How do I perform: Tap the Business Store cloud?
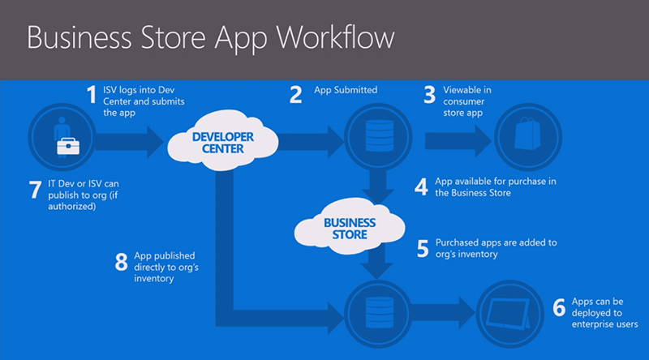coord(350,228)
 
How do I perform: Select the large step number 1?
coord(92,96)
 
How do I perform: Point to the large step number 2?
coord(296,96)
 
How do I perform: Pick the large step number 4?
coord(421,186)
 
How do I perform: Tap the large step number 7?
coord(34,191)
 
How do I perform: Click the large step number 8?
coord(121,261)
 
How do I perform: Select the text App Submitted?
coord(346,90)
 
